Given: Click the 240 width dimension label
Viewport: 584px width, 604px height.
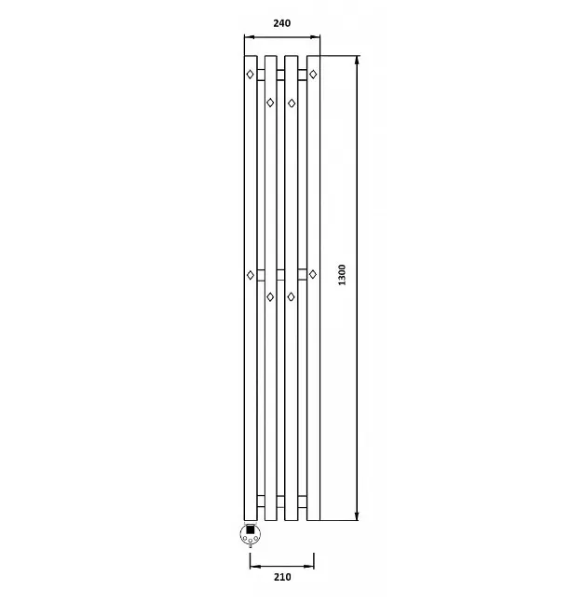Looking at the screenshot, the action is (x=282, y=23).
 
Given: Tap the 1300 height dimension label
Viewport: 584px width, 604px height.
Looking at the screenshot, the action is (x=342, y=275).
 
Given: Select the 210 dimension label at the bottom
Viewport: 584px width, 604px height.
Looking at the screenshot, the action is (x=282, y=577).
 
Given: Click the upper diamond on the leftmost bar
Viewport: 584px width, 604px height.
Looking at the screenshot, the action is (x=250, y=74).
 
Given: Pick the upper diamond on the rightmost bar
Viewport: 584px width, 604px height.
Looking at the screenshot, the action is (x=313, y=74).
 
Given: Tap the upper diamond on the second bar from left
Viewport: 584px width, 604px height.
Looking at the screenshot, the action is (x=270, y=103).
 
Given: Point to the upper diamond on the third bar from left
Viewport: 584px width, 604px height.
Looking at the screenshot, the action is (x=292, y=103).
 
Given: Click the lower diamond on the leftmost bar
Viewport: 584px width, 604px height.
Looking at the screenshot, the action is (x=251, y=275).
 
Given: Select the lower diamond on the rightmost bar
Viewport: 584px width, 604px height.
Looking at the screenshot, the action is (x=313, y=274).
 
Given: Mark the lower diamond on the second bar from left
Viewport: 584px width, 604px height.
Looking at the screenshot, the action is (x=270, y=297).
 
